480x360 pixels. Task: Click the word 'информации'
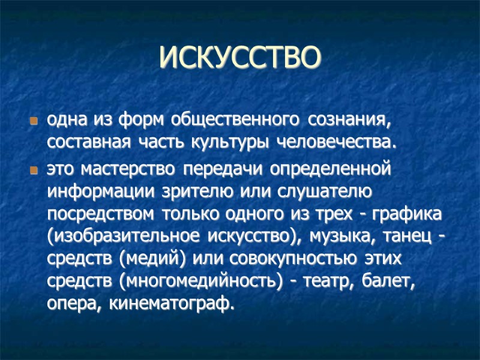pos(101,192)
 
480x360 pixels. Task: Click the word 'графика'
pos(409,214)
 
